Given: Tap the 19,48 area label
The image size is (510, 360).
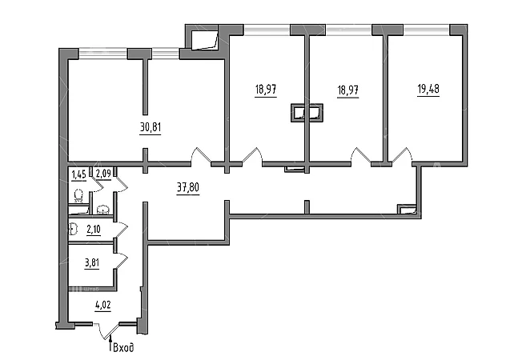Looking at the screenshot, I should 428,90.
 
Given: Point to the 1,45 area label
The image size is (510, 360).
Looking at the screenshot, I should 78,174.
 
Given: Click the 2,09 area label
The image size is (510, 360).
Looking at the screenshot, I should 103,174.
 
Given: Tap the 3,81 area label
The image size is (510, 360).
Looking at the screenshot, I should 93,261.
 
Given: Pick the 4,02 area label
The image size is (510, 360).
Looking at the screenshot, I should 103,305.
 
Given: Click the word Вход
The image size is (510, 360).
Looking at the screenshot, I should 122,347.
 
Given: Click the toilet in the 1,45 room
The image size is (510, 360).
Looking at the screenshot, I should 78,195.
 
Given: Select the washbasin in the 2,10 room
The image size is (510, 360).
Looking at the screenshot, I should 73,230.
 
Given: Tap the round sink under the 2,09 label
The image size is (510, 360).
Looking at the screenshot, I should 102,210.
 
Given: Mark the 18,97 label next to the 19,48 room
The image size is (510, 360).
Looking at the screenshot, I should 347,90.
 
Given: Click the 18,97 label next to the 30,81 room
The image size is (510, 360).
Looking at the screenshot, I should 267,90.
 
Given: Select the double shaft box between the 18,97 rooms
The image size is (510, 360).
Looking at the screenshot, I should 307,114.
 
